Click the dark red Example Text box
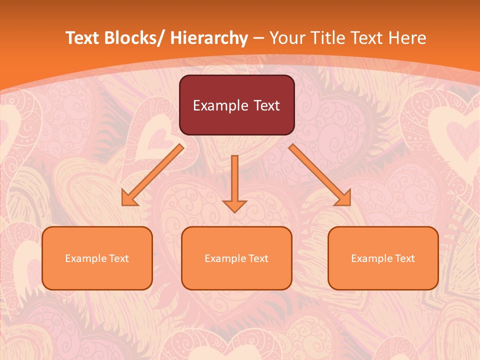[x=236, y=105]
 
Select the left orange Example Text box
[x=97, y=258]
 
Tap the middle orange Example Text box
[x=236, y=258]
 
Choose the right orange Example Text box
[x=383, y=258]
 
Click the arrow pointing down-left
[x=152, y=175]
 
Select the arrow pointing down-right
[x=320, y=175]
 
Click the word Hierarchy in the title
[x=209, y=38]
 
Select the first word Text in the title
[x=83, y=38]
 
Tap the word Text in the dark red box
[x=266, y=105]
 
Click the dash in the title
[x=258, y=38]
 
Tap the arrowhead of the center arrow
[x=234, y=205]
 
